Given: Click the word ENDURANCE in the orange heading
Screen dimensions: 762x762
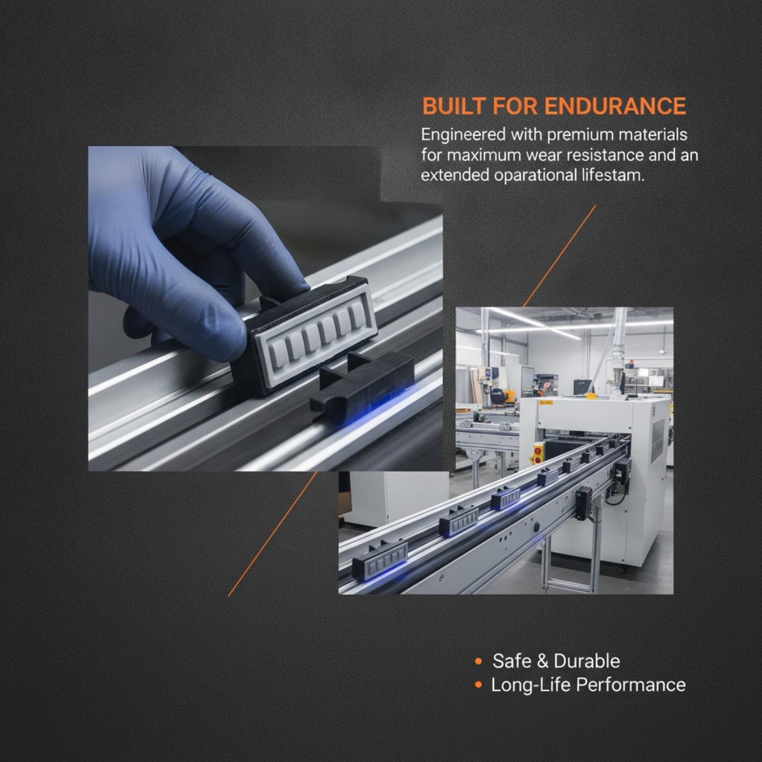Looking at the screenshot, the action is point(615,106).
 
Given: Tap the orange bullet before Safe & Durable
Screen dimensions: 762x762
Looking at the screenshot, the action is point(478,662).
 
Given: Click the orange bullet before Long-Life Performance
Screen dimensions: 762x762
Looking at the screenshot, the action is point(478,685).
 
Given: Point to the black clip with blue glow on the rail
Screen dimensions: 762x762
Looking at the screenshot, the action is point(362,381).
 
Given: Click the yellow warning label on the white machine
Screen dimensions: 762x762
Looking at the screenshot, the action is point(546,403).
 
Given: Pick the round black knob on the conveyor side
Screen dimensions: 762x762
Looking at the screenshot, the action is point(536,527).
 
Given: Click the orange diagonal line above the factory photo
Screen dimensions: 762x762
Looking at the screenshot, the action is point(560,256).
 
